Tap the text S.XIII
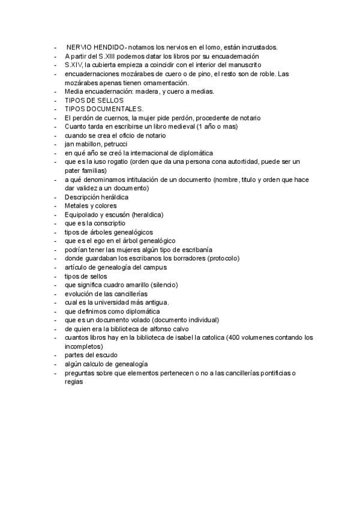tap(110, 56)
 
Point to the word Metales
tap(76, 206)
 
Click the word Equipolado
tap(82, 214)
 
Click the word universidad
tap(115, 303)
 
